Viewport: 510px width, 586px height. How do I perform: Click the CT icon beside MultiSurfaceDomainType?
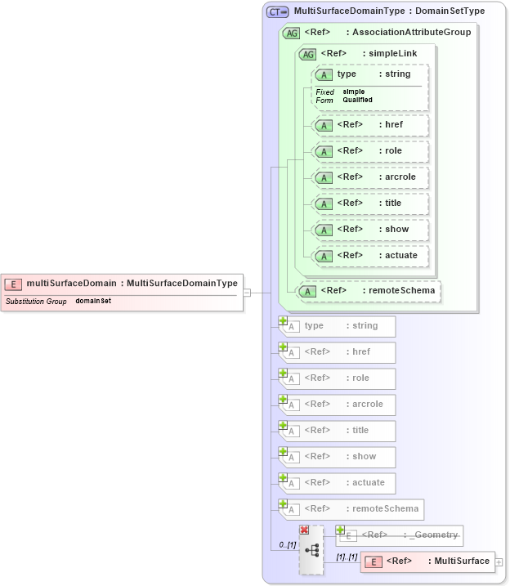[278, 12]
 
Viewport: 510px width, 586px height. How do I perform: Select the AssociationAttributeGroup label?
[409, 33]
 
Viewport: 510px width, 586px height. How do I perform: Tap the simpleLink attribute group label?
[392, 54]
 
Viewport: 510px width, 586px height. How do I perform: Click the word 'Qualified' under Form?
[357, 100]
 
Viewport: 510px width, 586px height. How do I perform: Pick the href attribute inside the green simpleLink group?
[371, 125]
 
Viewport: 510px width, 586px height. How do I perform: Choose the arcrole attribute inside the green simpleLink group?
[371, 177]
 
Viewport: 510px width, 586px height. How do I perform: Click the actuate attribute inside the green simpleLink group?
[371, 255]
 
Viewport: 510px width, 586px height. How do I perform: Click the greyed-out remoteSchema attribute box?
[353, 509]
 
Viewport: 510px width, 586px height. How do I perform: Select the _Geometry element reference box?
[401, 535]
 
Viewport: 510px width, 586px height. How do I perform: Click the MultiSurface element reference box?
[428, 561]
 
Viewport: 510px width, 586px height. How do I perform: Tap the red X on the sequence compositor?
[305, 530]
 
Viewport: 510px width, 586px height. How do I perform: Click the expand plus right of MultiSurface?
[499, 562]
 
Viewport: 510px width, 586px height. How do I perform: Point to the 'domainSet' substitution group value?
[93, 302]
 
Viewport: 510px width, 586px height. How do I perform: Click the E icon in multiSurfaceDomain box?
[13, 284]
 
